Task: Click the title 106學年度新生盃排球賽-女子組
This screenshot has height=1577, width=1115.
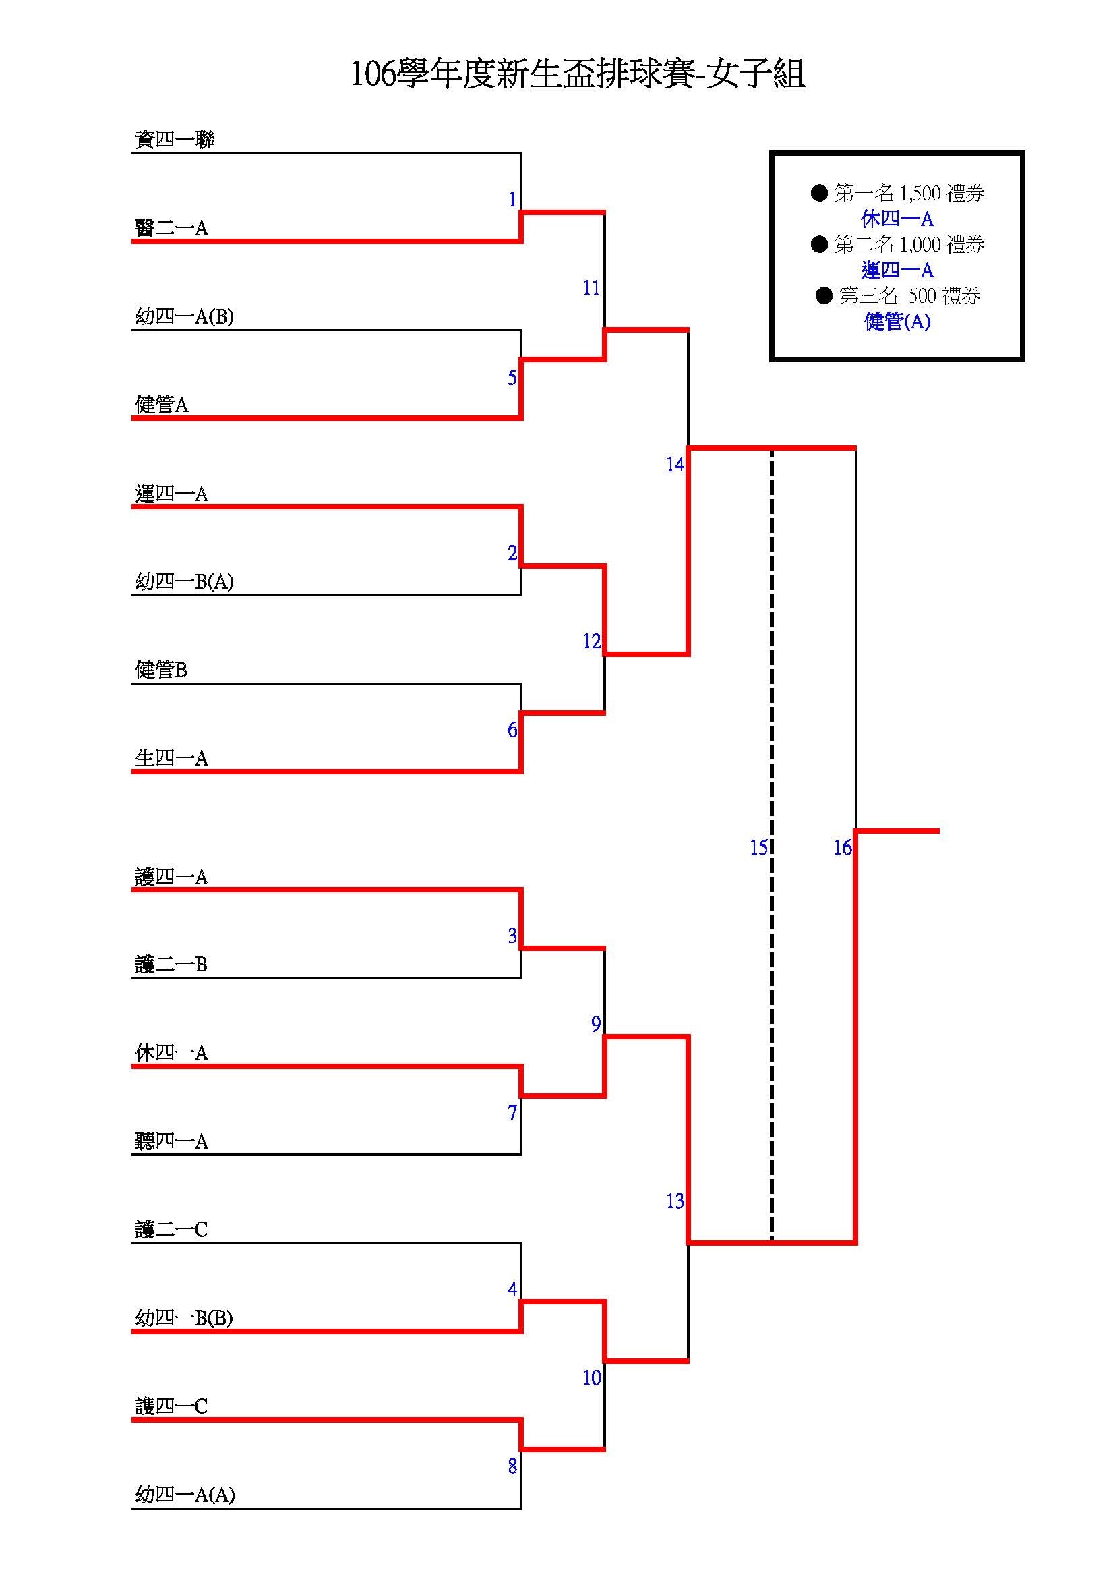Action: point(578,74)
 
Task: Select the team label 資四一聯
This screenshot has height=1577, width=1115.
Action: point(175,140)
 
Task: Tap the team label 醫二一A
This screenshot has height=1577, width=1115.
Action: point(171,228)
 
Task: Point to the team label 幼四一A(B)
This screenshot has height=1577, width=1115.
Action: point(184,316)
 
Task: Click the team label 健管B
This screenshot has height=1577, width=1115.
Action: point(160,670)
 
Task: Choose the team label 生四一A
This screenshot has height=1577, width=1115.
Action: point(171,758)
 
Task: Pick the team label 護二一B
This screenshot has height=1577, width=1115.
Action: point(171,965)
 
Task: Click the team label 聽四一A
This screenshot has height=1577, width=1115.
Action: point(171,1141)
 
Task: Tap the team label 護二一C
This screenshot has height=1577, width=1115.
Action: point(171,1230)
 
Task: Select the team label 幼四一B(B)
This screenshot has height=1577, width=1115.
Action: point(184,1318)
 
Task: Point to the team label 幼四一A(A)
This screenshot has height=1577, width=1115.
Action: point(185,1495)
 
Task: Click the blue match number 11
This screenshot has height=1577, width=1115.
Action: point(591,289)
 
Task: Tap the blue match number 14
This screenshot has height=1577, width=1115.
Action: point(675,465)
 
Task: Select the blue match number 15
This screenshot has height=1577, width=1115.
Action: point(758,849)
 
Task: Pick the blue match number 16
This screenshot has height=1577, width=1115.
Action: point(843,849)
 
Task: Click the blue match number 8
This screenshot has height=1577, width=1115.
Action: point(512,1466)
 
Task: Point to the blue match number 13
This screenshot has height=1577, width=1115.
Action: point(675,1201)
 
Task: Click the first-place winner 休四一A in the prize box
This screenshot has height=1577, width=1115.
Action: point(897,219)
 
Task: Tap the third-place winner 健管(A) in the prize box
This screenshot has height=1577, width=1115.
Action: point(897,322)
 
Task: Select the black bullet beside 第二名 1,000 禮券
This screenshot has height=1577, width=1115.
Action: point(819,245)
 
